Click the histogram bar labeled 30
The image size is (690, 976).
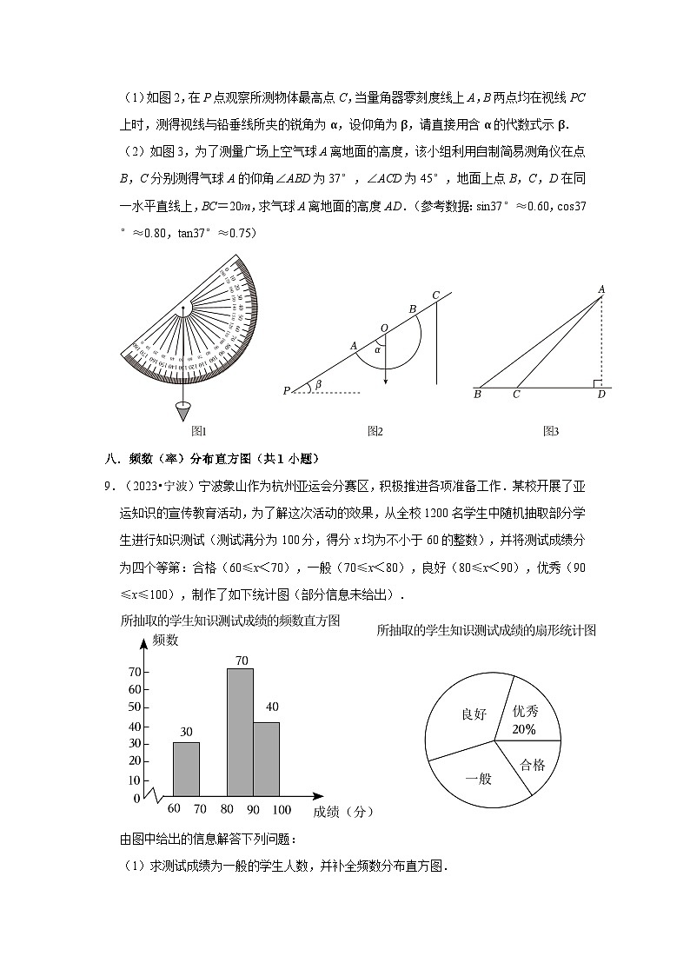click(x=186, y=768)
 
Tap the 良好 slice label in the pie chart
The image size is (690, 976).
click(x=473, y=714)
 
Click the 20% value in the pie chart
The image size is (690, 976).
click(x=524, y=728)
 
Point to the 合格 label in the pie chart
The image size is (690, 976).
click(x=532, y=765)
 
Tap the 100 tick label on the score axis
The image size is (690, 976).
click(x=282, y=810)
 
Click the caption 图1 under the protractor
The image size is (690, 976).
click(x=198, y=430)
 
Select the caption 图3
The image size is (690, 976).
click(x=550, y=430)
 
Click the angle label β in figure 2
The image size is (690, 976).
click(x=318, y=383)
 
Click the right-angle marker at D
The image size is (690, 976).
click(x=596, y=383)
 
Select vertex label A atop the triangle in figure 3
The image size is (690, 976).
click(x=600, y=289)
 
